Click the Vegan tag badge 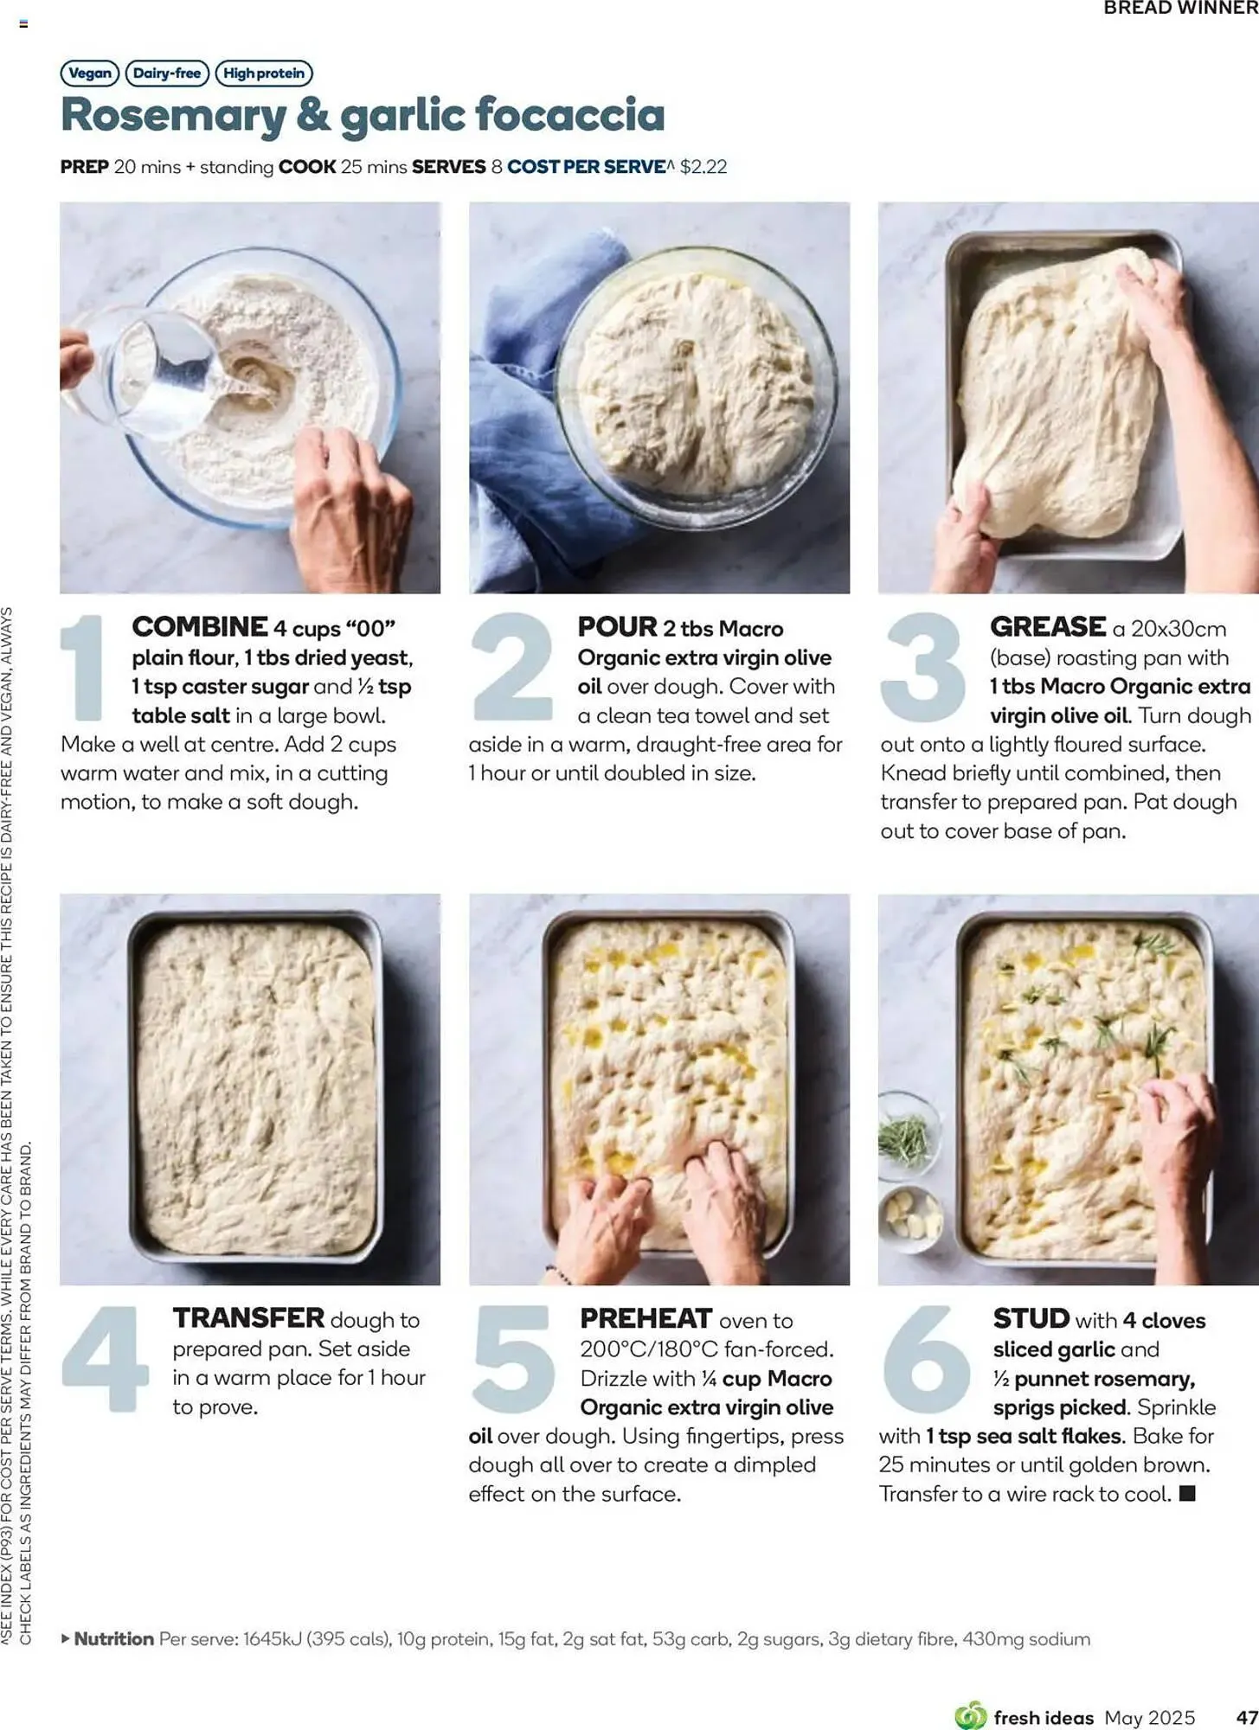click(x=90, y=74)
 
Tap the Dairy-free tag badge click(x=167, y=74)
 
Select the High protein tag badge click(x=264, y=74)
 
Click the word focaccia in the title click(x=570, y=115)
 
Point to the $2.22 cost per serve click(x=703, y=167)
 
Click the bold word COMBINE click(x=200, y=626)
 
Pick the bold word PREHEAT click(x=646, y=1318)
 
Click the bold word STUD click(x=1031, y=1318)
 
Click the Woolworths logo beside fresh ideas click(x=970, y=1715)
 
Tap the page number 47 click(x=1246, y=1717)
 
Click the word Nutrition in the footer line click(x=113, y=1638)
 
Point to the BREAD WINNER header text click(x=1180, y=9)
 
